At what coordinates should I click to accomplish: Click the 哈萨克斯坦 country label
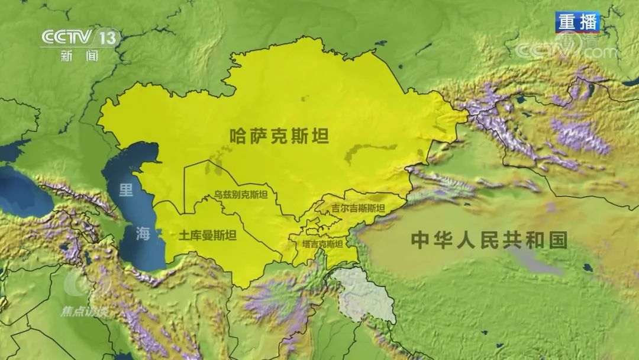pyautogui.click(x=279, y=136)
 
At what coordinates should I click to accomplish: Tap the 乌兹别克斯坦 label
pyautogui.click(x=241, y=195)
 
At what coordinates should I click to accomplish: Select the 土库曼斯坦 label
pyautogui.click(x=207, y=236)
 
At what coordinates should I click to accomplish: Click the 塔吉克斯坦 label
pyautogui.click(x=322, y=243)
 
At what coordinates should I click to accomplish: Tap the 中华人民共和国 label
pyautogui.click(x=489, y=240)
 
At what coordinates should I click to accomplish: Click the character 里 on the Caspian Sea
pyautogui.click(x=127, y=190)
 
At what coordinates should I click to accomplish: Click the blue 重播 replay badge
pyautogui.click(x=577, y=22)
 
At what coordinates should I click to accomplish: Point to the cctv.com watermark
pyautogui.click(x=566, y=50)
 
